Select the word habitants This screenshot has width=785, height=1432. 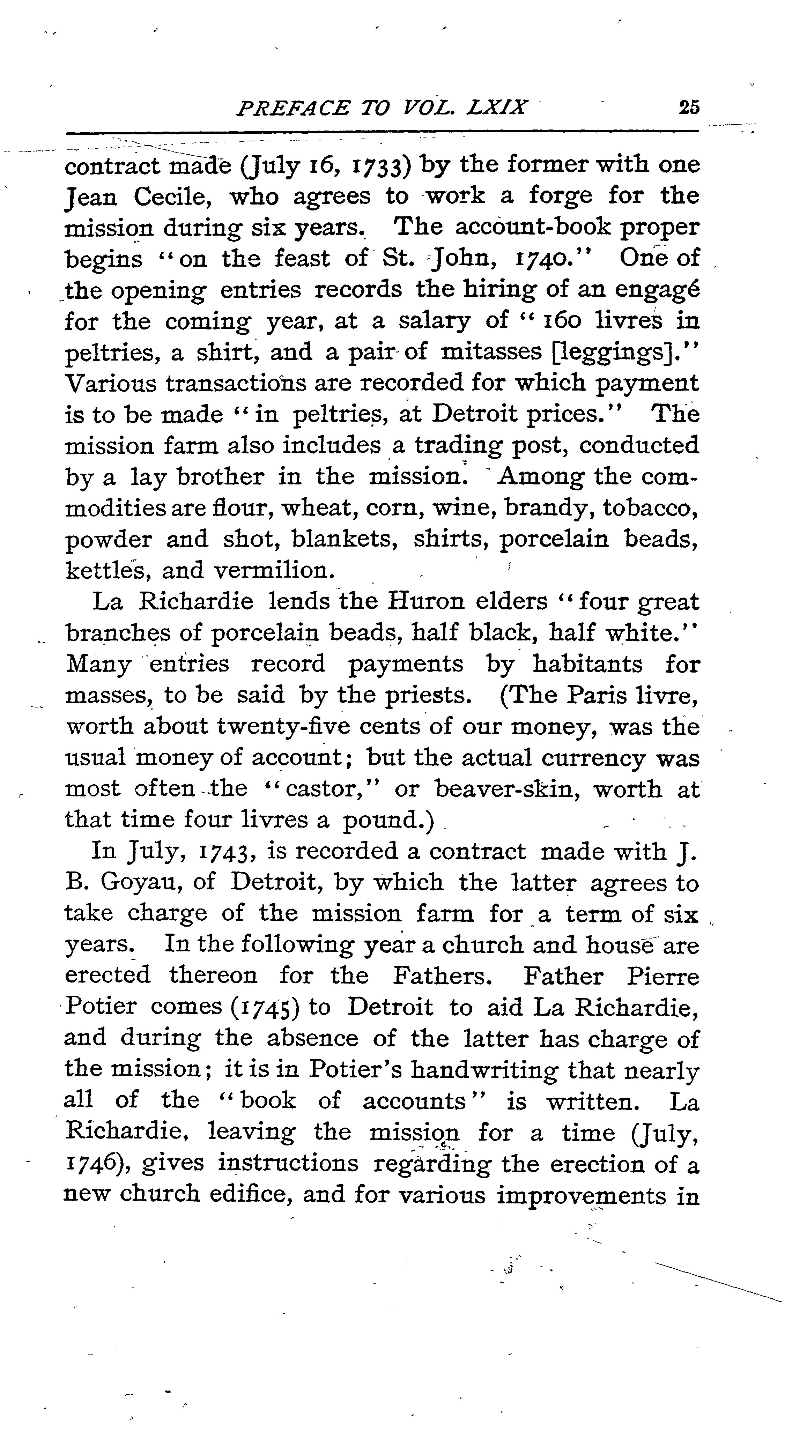(588, 664)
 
